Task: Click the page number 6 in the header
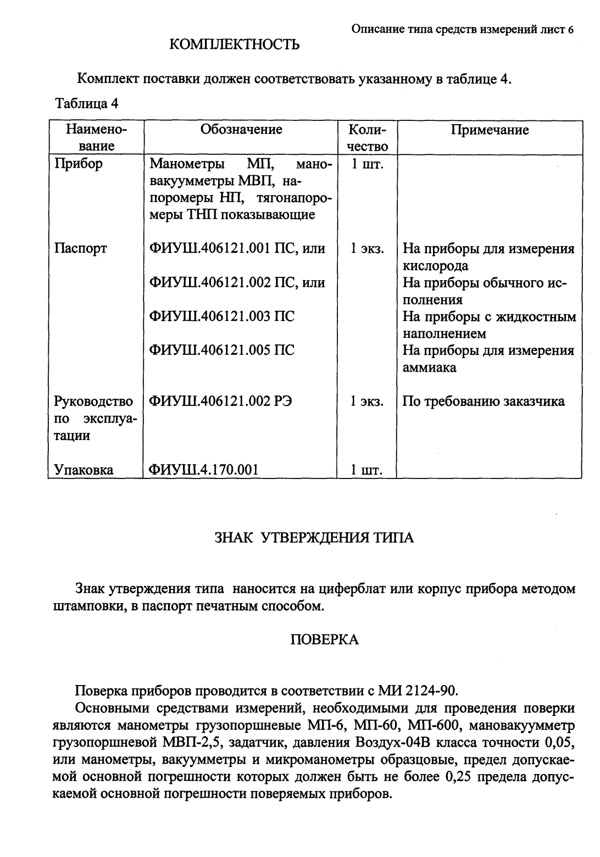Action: [x=571, y=30]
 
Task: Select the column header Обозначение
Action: [x=241, y=130]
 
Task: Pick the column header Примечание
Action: [x=490, y=130]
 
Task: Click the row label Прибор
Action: [x=78, y=164]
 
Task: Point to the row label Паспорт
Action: [x=81, y=249]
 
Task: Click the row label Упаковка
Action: [x=84, y=470]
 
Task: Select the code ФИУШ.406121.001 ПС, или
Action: [x=237, y=249]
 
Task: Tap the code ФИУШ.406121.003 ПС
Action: [x=222, y=316]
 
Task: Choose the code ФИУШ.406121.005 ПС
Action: [x=222, y=350]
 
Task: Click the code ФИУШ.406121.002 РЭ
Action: [x=221, y=402]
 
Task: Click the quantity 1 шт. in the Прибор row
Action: [x=366, y=164]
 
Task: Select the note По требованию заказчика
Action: [x=484, y=402]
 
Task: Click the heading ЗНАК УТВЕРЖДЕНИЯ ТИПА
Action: [x=314, y=538]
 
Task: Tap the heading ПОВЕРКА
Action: [x=324, y=639]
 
